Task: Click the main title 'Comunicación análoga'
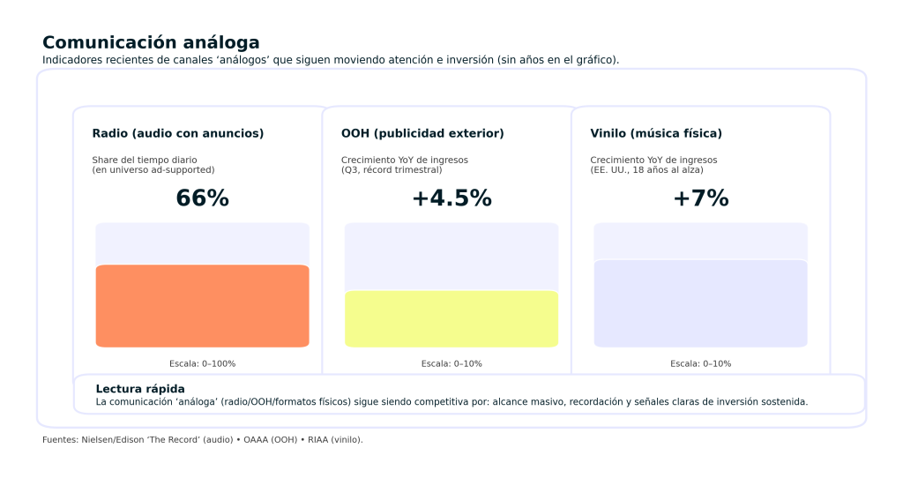coord(151,42)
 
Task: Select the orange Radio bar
coord(202,306)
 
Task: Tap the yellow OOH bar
coord(451,318)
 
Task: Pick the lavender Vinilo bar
coord(700,303)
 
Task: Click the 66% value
coord(202,198)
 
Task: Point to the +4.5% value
coord(451,198)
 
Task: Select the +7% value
coord(700,198)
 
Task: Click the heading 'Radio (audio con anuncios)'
coord(178,133)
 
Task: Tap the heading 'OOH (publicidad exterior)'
coord(422,133)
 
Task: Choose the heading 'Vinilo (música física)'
coord(656,133)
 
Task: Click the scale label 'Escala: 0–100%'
coord(202,363)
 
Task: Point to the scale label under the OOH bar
coord(451,363)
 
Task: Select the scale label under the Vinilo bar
coord(700,363)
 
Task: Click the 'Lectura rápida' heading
coord(140,389)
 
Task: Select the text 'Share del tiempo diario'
coord(145,160)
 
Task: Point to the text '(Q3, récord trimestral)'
coord(392,169)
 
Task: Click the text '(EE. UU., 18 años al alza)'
coord(646,169)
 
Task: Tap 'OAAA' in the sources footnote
coord(256,439)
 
